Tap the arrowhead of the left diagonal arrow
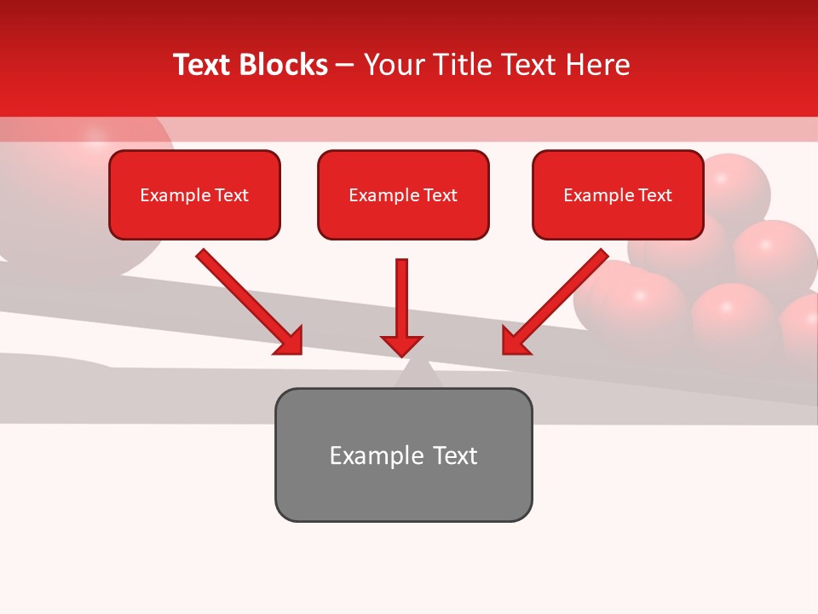coord(290,341)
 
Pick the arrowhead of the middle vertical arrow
coord(401,345)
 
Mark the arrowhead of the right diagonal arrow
coord(515,341)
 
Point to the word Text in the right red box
coord(654,195)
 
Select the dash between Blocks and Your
coord(345,65)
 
